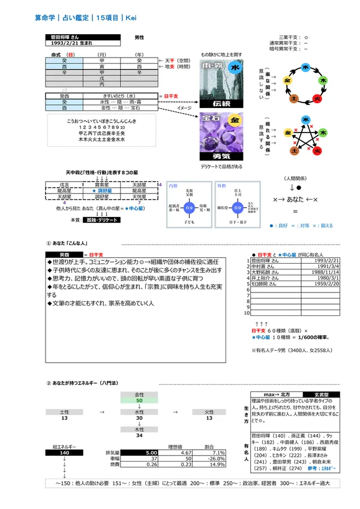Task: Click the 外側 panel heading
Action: point(221,186)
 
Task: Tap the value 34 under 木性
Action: point(139,435)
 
